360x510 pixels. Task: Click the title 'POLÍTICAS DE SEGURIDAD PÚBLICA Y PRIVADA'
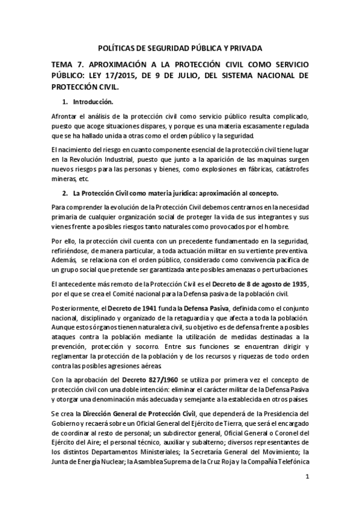coord(180,48)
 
